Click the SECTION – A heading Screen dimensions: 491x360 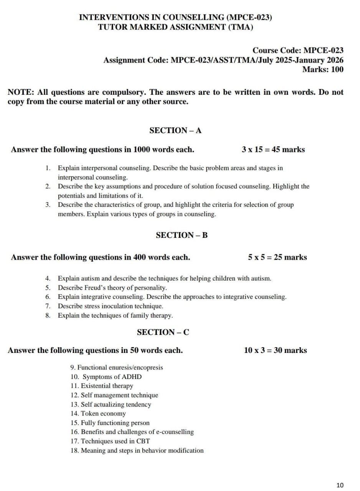[175, 130]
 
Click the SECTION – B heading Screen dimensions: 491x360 [182, 235]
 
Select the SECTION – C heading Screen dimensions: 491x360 [163, 332]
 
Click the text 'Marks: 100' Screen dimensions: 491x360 [323, 69]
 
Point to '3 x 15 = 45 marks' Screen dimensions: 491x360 [273, 150]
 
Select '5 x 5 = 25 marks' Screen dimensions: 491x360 [277, 257]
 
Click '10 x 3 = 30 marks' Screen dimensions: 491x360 [275, 350]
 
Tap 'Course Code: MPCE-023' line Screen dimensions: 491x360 [298, 51]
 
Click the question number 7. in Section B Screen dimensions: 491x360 [48, 306]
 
